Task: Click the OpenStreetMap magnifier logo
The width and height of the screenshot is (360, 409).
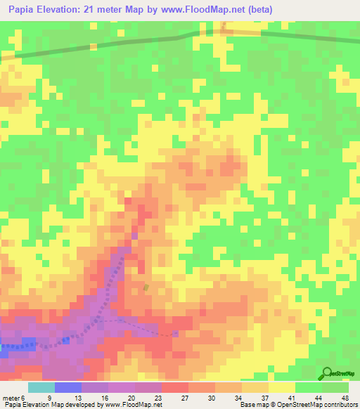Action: tap(328, 374)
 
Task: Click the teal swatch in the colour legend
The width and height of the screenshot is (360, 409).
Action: tap(41, 387)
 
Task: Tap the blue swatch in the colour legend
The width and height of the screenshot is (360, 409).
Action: tap(68, 387)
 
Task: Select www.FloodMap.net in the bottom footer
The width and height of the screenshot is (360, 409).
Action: tap(133, 405)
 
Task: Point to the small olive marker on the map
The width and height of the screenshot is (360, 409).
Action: tap(146, 288)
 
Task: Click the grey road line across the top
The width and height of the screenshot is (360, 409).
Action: tap(105, 45)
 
